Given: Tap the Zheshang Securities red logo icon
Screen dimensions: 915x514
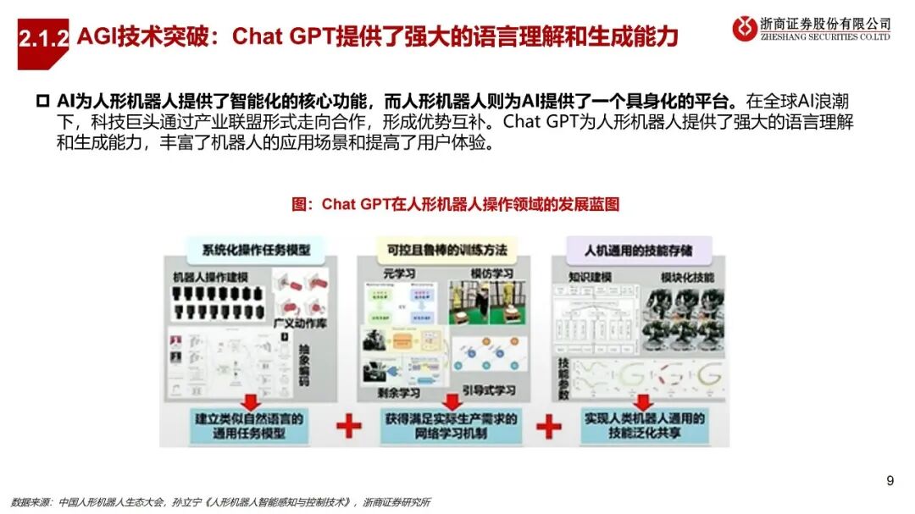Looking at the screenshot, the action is tap(746, 29).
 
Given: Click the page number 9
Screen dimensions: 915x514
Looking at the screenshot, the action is tap(890, 481).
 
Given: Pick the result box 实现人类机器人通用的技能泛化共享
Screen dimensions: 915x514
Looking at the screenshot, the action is tap(645, 425).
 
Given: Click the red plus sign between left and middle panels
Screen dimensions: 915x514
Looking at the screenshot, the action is tap(348, 426).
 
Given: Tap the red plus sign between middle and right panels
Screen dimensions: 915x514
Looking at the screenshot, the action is tap(548, 426).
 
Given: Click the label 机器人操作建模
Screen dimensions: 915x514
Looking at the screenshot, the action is tap(210, 278).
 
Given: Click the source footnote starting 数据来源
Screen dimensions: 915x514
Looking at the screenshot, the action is tap(220, 501).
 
